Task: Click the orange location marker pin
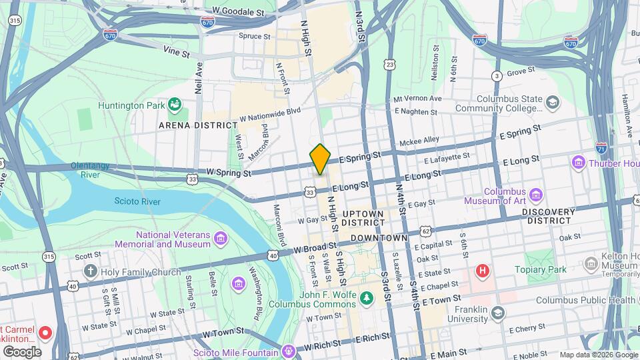click(320, 158)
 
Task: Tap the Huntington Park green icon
click(175, 104)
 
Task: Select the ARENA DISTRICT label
click(198, 125)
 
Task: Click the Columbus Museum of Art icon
click(537, 195)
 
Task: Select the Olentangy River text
click(89, 171)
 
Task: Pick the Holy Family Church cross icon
click(91, 271)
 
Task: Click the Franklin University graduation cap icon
click(497, 313)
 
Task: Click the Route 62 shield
click(426, 231)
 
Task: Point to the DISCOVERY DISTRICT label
click(548, 216)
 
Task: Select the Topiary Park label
click(540, 269)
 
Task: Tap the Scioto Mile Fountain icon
click(288, 350)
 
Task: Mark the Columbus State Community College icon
click(552, 102)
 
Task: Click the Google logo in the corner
click(22, 351)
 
